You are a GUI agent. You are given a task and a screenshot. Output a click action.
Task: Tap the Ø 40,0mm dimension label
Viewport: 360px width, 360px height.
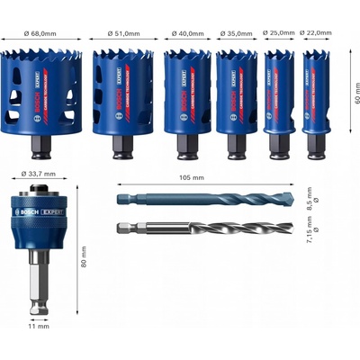pos(187,32)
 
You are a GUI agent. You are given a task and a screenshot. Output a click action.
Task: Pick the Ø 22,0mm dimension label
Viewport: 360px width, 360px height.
pos(319,32)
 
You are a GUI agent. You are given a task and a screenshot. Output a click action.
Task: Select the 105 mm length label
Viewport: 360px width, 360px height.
pos(211,178)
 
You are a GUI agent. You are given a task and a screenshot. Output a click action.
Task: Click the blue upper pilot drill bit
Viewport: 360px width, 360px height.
pos(211,199)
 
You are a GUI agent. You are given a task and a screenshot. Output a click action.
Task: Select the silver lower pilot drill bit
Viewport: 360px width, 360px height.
pos(211,228)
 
